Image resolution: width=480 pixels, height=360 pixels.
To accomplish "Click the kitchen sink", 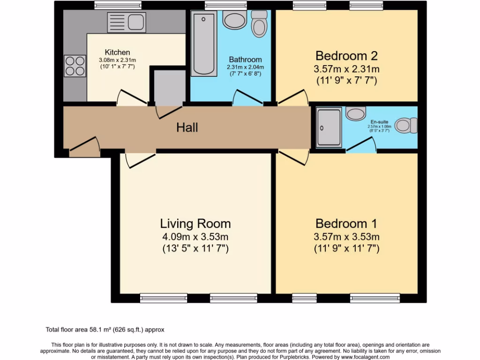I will (126, 22).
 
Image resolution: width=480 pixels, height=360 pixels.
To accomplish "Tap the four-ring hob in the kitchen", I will (75, 66).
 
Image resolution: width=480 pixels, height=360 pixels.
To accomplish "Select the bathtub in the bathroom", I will (203, 44).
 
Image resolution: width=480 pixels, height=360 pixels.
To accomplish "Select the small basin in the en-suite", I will (356, 112).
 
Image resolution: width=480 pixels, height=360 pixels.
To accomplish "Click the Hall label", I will (187, 127).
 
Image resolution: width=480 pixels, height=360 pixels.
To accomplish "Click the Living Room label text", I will (195, 223).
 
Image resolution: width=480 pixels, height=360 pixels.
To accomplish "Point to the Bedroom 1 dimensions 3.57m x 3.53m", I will (346, 236).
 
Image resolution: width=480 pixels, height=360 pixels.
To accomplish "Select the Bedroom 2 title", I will (346, 56).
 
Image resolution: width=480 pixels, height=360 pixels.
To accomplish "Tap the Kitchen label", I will (117, 52).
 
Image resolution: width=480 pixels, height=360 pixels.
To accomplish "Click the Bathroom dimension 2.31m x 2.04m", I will (245, 67).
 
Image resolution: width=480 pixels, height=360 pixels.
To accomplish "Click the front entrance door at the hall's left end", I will (84, 147).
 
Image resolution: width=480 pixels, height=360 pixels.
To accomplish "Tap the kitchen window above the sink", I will (111, 5).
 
